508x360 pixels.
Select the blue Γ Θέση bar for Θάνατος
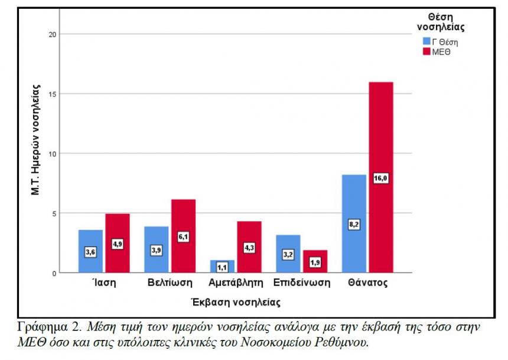coord(354,195)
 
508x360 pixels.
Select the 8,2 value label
coord(354,225)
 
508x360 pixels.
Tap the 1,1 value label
coord(222,267)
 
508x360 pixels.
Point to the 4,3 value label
coord(249,248)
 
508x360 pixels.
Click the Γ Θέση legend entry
coord(440,41)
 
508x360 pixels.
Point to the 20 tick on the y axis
coord(53,34)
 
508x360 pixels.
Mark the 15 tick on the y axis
coord(53,94)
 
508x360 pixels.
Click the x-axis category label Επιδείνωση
coord(301,283)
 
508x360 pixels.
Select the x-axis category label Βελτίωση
coord(170,283)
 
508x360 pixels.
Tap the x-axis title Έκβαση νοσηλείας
coord(236,302)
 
